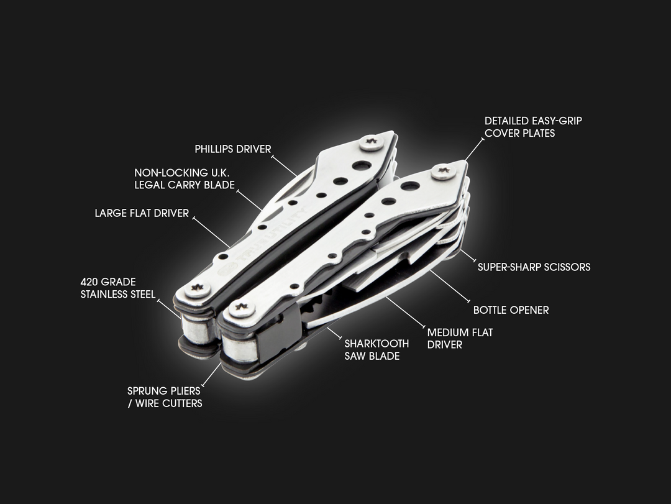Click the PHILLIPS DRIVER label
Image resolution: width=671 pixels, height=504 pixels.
(x=232, y=149)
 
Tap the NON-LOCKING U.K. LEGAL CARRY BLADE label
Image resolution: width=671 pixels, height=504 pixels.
(x=185, y=178)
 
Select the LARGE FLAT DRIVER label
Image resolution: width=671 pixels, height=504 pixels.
(x=142, y=213)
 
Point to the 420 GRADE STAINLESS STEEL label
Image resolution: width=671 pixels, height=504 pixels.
(x=117, y=288)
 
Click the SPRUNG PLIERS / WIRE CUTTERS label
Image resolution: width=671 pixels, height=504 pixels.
(x=165, y=397)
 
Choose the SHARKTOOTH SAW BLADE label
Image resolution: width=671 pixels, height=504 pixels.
(x=377, y=350)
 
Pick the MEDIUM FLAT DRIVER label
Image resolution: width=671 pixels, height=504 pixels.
(x=460, y=339)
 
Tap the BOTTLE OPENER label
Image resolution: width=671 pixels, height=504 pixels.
(x=511, y=309)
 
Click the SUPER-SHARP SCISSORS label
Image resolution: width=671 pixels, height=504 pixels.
(x=534, y=267)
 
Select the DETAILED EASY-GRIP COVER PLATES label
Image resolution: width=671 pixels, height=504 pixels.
(x=533, y=127)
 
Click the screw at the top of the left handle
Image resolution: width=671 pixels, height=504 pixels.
(x=372, y=142)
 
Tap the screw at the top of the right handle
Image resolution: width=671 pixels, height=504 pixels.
(x=444, y=172)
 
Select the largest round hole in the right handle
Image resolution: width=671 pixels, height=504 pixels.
(x=409, y=186)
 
